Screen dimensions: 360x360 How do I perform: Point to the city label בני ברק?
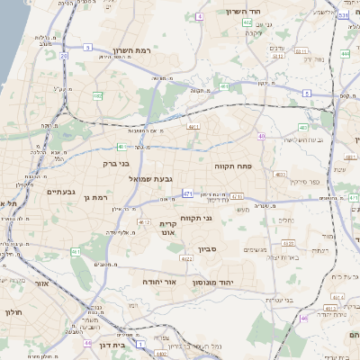coord(112,164)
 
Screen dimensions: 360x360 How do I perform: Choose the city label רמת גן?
coord(94,196)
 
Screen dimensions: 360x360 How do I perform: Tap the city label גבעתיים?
coord(61,191)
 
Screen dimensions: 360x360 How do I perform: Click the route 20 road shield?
coord(64,56)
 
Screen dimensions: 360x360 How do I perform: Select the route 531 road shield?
coord(344,15)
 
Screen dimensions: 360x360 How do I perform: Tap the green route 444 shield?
coord(346,54)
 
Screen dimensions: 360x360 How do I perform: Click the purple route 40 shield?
coord(261,136)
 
